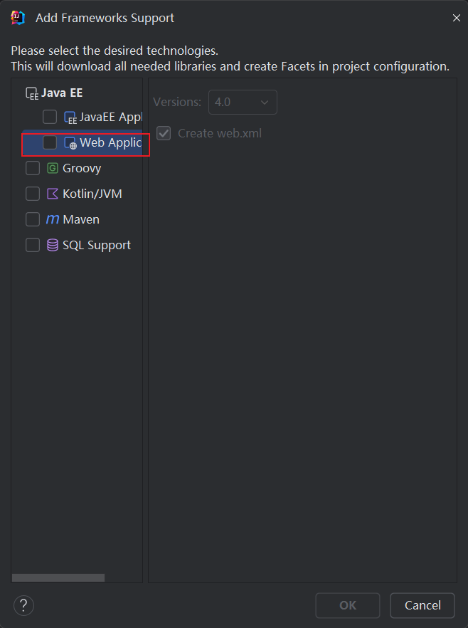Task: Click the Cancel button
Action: pyautogui.click(x=422, y=605)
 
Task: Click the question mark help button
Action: pyautogui.click(x=23, y=605)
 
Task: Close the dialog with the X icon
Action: pyautogui.click(x=457, y=18)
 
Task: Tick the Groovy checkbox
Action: pyautogui.click(x=33, y=168)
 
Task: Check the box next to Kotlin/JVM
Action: pyautogui.click(x=33, y=194)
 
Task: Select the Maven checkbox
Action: pyautogui.click(x=33, y=219)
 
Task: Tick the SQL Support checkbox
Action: pyautogui.click(x=33, y=245)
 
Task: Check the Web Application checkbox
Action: pyautogui.click(x=50, y=142)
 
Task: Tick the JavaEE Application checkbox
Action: pyautogui.click(x=50, y=117)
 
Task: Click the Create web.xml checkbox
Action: pyautogui.click(x=164, y=133)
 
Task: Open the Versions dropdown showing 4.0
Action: pyautogui.click(x=243, y=102)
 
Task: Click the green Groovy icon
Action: pyautogui.click(x=53, y=168)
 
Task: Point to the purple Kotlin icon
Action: pyautogui.click(x=53, y=194)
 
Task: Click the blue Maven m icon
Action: pyautogui.click(x=53, y=219)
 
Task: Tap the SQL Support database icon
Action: pyautogui.click(x=53, y=245)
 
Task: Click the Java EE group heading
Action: pyautogui.click(x=62, y=93)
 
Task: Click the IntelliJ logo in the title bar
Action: pyautogui.click(x=18, y=18)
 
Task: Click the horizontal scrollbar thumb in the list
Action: pyautogui.click(x=58, y=577)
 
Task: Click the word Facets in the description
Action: pyautogui.click(x=298, y=66)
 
